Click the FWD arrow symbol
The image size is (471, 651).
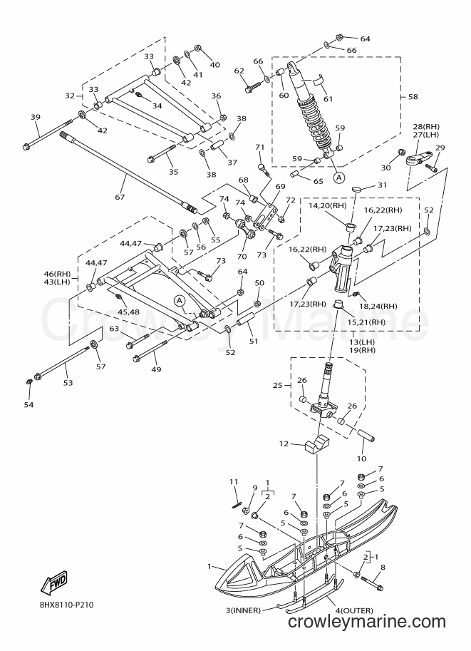(x=53, y=581)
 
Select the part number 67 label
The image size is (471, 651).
(x=120, y=197)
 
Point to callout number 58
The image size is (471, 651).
(x=413, y=97)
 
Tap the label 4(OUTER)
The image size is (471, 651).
(x=354, y=610)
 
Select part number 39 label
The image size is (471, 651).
(x=36, y=117)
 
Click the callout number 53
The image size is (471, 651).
(x=68, y=383)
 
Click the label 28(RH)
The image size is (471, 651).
(x=426, y=127)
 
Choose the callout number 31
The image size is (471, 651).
(x=382, y=185)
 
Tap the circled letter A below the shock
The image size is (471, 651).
(x=339, y=178)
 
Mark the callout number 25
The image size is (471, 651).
(x=278, y=385)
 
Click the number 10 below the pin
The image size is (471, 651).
(x=361, y=458)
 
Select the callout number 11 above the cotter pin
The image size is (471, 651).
(x=234, y=481)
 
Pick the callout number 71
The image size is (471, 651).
(x=260, y=147)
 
